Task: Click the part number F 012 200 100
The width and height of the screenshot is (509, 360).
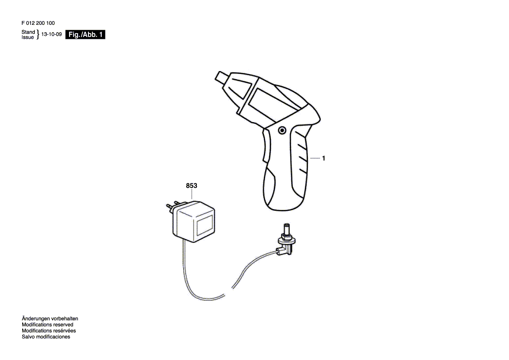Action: (x=38, y=24)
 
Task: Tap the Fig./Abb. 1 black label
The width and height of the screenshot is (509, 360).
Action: (x=85, y=35)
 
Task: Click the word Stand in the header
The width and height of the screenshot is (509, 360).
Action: (x=28, y=32)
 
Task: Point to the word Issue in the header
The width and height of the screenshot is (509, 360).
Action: (x=28, y=37)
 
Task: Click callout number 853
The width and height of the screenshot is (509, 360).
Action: (x=192, y=186)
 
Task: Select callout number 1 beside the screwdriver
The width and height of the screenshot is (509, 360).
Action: (x=324, y=159)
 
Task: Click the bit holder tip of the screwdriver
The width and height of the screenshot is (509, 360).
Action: (x=221, y=78)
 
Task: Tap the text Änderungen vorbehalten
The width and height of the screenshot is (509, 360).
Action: (x=50, y=319)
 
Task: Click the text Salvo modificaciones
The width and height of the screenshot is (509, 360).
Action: (x=46, y=337)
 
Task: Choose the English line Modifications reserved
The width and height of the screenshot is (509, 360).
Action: (x=47, y=325)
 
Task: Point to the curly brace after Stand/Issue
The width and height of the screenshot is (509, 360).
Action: (x=38, y=35)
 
